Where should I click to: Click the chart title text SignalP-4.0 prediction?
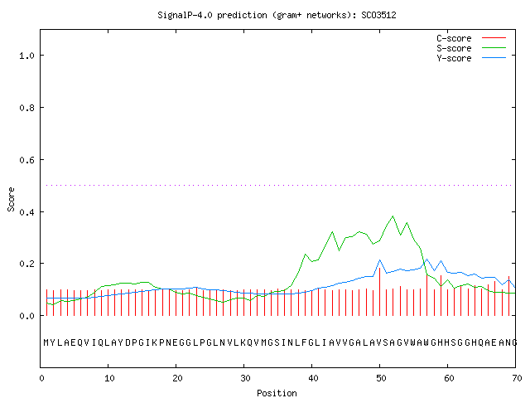[212, 15]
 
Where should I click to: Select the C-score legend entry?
[471, 38]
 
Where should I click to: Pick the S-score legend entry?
[471, 48]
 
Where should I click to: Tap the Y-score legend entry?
[471, 58]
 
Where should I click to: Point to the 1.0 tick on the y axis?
[26, 56]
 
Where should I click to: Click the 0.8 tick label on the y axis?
[26, 108]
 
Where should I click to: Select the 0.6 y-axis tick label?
[26, 160]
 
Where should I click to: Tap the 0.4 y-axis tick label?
[26, 212]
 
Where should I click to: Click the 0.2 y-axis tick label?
[26, 264]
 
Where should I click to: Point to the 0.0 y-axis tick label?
[26, 316]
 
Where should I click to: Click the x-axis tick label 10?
[109, 378]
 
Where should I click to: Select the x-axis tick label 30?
[245, 378]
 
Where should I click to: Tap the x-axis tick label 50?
[381, 378]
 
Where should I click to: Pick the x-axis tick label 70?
[517, 378]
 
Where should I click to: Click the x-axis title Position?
[277, 393]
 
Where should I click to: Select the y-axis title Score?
[11, 199]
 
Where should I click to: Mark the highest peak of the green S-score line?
[393, 216]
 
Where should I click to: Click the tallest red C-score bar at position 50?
[379, 292]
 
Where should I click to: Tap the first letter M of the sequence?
[46, 342]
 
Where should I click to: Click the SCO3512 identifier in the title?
[378, 15]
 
